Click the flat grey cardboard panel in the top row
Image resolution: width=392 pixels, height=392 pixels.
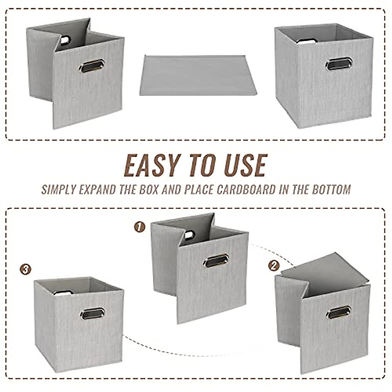pyautogui.click(x=198, y=75)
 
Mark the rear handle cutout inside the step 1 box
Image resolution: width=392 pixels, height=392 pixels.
pyautogui.click(x=189, y=235)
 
